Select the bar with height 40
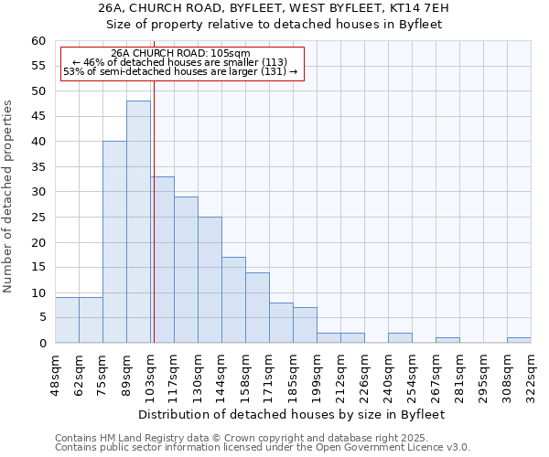coord(114,242)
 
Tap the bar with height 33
coord(163,260)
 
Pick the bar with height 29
coord(186,270)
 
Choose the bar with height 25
coord(210,280)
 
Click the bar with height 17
coord(233,300)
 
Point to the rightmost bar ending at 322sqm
coord(519,340)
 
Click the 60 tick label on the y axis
coord(38,41)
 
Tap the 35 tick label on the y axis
coord(38,167)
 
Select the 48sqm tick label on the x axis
coord(55,375)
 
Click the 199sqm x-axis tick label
coord(317,375)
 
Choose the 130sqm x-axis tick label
coord(198,375)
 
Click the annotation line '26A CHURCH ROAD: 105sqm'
coord(179,53)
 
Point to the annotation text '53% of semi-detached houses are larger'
coord(180,71)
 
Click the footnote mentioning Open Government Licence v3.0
coord(263,448)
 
